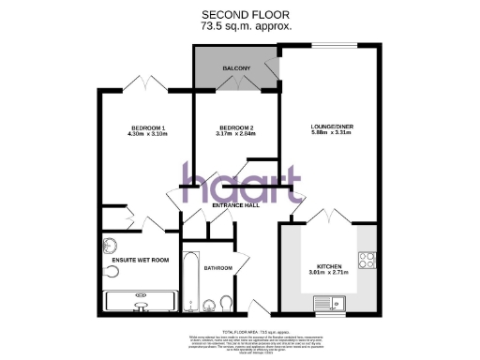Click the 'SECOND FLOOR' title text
pos(247,14)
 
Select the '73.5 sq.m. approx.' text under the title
pos(247,26)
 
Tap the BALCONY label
pos(235,69)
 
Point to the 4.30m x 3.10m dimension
pos(147,135)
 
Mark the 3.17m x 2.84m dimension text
pos(236,135)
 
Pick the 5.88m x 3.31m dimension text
pos(331,135)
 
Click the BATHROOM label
pos(217,267)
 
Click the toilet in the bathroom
pos(225,302)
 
